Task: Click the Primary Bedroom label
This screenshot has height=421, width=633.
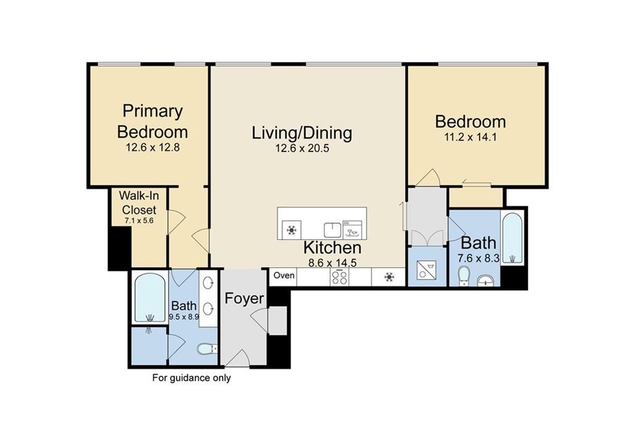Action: (x=152, y=121)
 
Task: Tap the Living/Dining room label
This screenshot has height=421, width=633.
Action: (x=302, y=133)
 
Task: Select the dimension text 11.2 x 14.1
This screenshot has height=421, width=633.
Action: (x=470, y=137)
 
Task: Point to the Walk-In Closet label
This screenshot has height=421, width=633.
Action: (x=139, y=203)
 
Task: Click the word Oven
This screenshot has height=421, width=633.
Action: (x=284, y=275)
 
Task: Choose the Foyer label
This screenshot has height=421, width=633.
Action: (x=244, y=299)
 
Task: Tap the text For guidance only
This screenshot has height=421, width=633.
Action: (x=192, y=378)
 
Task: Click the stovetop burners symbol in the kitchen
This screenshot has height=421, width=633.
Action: (x=339, y=278)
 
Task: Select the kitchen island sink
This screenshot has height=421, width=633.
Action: (x=333, y=230)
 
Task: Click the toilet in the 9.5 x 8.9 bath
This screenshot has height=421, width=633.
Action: (x=207, y=348)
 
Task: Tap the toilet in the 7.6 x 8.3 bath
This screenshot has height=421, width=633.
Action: (x=465, y=276)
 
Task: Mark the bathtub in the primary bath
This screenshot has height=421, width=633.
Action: (x=150, y=299)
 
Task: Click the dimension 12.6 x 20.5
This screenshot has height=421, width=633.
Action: (x=302, y=148)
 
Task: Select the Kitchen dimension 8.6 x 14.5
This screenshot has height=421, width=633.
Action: (x=332, y=263)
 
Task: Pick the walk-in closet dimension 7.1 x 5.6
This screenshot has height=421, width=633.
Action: (x=139, y=221)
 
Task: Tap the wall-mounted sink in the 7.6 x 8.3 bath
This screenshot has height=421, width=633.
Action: (x=486, y=281)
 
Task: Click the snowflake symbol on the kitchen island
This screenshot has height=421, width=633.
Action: (x=291, y=230)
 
